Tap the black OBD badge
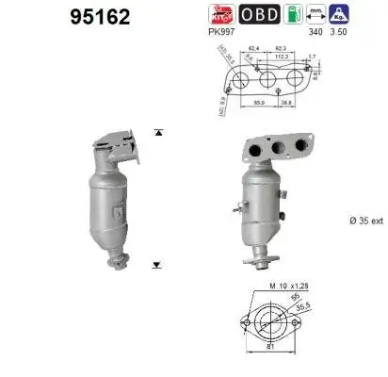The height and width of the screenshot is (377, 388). point(258,14)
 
